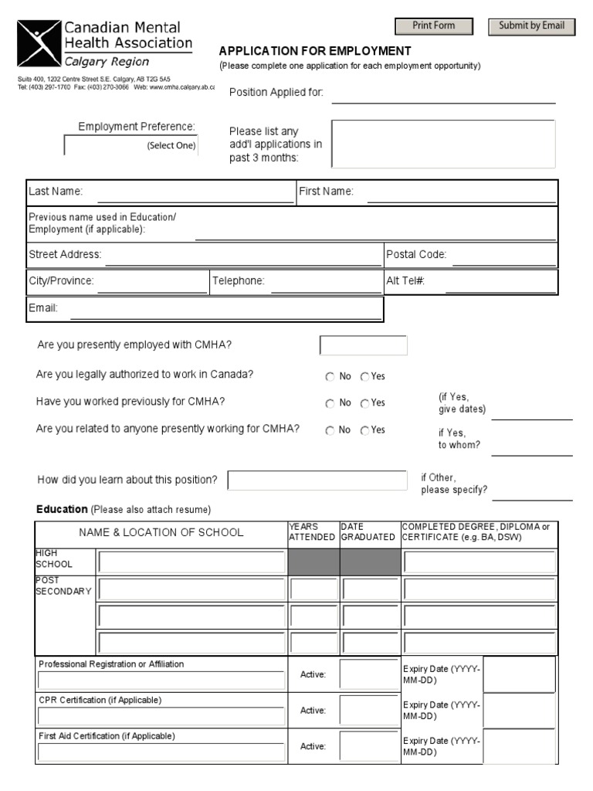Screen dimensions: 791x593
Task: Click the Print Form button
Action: (433, 26)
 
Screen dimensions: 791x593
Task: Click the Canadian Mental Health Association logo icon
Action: (39, 44)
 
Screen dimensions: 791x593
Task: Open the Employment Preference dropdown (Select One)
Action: (130, 145)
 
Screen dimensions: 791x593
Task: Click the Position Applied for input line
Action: (443, 94)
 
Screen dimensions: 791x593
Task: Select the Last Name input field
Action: (195, 193)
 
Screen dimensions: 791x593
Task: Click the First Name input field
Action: (460, 193)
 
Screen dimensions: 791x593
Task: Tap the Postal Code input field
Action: (503, 256)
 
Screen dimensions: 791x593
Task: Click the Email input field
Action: (225, 310)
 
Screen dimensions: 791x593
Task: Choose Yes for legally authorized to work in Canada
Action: (364, 377)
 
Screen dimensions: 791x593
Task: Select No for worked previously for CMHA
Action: (330, 403)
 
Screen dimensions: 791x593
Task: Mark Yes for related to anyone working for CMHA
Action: (364, 430)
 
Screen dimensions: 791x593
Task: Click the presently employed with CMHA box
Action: (363, 345)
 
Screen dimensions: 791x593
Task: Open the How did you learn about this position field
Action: (317, 480)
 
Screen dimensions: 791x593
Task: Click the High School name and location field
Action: (191, 562)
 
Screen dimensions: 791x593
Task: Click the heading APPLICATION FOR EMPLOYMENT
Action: (315, 51)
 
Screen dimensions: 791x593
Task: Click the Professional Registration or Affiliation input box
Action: (161, 680)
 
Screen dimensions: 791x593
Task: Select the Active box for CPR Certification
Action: (368, 710)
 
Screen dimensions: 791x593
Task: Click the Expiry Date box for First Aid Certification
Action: (519, 745)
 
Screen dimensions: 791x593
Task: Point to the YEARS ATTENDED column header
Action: (312, 531)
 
